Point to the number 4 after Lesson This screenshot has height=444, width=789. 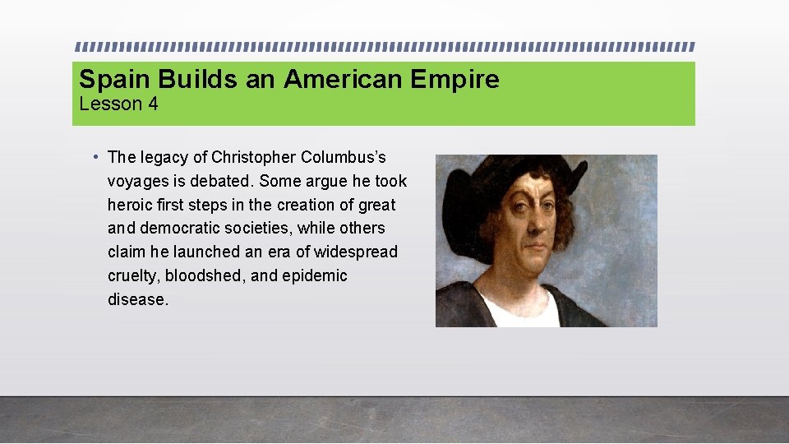(x=153, y=104)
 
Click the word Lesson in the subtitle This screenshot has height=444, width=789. (x=110, y=104)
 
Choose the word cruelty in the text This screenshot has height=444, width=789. (x=134, y=275)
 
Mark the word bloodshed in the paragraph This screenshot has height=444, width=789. (x=207, y=275)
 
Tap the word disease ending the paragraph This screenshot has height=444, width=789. (x=136, y=299)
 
